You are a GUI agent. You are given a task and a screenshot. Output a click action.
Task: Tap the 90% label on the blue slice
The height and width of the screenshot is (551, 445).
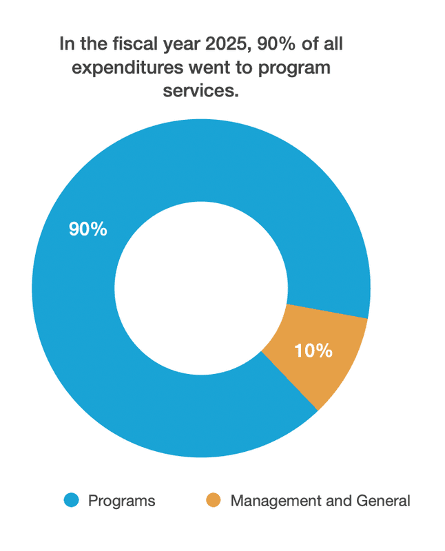point(87,229)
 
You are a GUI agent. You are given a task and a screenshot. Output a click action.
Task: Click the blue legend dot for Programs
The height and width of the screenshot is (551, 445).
point(71,500)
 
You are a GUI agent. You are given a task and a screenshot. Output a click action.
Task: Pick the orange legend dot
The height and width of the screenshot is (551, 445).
point(214,500)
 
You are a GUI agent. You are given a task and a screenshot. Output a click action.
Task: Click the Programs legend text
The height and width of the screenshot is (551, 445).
point(121,501)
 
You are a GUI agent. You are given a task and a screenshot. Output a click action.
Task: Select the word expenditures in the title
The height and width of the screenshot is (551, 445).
point(125,67)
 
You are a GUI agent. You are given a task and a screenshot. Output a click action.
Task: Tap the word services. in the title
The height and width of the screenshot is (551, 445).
point(200,90)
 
